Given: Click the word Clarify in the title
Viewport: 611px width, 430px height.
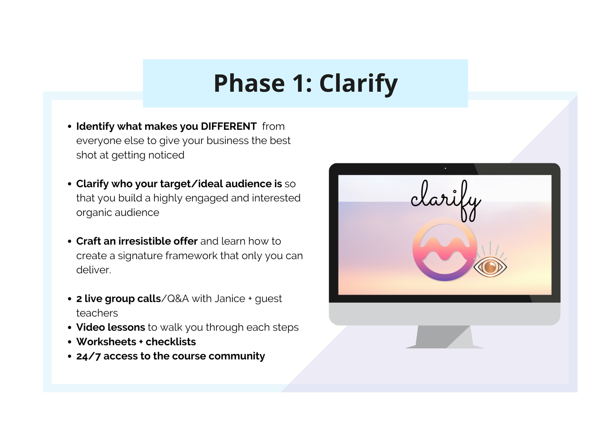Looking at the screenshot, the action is point(358,83).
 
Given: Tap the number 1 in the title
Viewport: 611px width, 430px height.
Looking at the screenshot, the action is point(298,83).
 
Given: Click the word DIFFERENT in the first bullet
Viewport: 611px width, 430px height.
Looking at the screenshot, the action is point(228,126).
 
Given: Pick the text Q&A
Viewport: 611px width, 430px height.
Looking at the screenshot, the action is point(178,299).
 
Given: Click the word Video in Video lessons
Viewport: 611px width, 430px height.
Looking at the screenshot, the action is point(90,327).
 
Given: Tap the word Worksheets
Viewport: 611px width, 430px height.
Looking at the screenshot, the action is point(106,342).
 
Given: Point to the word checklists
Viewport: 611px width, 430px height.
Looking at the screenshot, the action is point(171,342).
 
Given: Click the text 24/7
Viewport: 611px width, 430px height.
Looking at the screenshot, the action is point(88,356).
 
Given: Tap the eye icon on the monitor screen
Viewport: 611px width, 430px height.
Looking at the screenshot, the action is point(490,266).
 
